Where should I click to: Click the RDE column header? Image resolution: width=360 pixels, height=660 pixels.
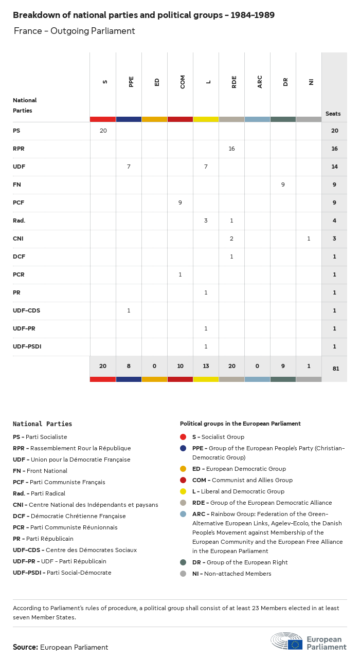[234, 82]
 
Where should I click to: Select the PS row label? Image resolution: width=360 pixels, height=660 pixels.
[16, 131]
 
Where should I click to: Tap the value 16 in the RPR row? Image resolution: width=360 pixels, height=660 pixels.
[231, 149]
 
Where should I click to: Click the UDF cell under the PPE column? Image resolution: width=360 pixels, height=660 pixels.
[129, 167]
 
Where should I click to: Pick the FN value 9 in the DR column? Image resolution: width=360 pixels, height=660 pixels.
[283, 185]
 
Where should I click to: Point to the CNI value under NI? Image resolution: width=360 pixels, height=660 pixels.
[309, 239]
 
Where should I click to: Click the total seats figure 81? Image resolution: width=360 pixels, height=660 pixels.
[334, 369]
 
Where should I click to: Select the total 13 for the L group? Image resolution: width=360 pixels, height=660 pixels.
[206, 365]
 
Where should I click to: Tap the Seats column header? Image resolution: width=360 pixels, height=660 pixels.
[333, 114]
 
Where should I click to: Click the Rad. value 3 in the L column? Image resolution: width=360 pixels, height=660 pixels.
[206, 221]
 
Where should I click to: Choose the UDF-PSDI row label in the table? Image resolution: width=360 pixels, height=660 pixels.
[27, 346]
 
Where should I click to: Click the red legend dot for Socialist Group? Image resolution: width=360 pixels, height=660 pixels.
[183, 437]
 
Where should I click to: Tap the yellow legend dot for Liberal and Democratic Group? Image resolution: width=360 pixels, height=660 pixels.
[183, 491]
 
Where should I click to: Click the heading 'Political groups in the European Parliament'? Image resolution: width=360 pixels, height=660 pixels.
[240, 424]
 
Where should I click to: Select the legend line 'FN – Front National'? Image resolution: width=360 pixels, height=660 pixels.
[40, 471]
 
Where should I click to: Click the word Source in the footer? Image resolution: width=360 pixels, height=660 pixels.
[25, 647]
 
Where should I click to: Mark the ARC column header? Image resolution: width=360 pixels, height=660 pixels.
[260, 82]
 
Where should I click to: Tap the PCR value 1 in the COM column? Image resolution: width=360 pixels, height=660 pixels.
[180, 274]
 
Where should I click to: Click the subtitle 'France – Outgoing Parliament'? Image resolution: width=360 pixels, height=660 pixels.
[75, 31]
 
